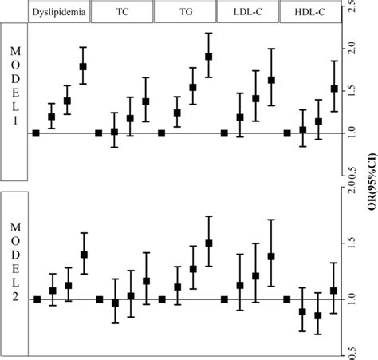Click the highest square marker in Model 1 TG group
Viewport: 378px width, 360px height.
tap(209, 57)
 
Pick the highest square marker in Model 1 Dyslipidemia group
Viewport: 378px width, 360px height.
tap(84, 67)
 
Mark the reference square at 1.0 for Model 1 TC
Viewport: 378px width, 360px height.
tap(99, 133)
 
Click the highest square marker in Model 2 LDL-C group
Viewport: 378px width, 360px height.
tap(271, 256)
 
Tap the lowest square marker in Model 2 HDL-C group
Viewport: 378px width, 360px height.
tap(318, 316)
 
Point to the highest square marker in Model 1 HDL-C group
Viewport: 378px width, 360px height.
tap(334, 89)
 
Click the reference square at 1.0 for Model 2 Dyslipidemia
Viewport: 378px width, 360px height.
tap(37, 299)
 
